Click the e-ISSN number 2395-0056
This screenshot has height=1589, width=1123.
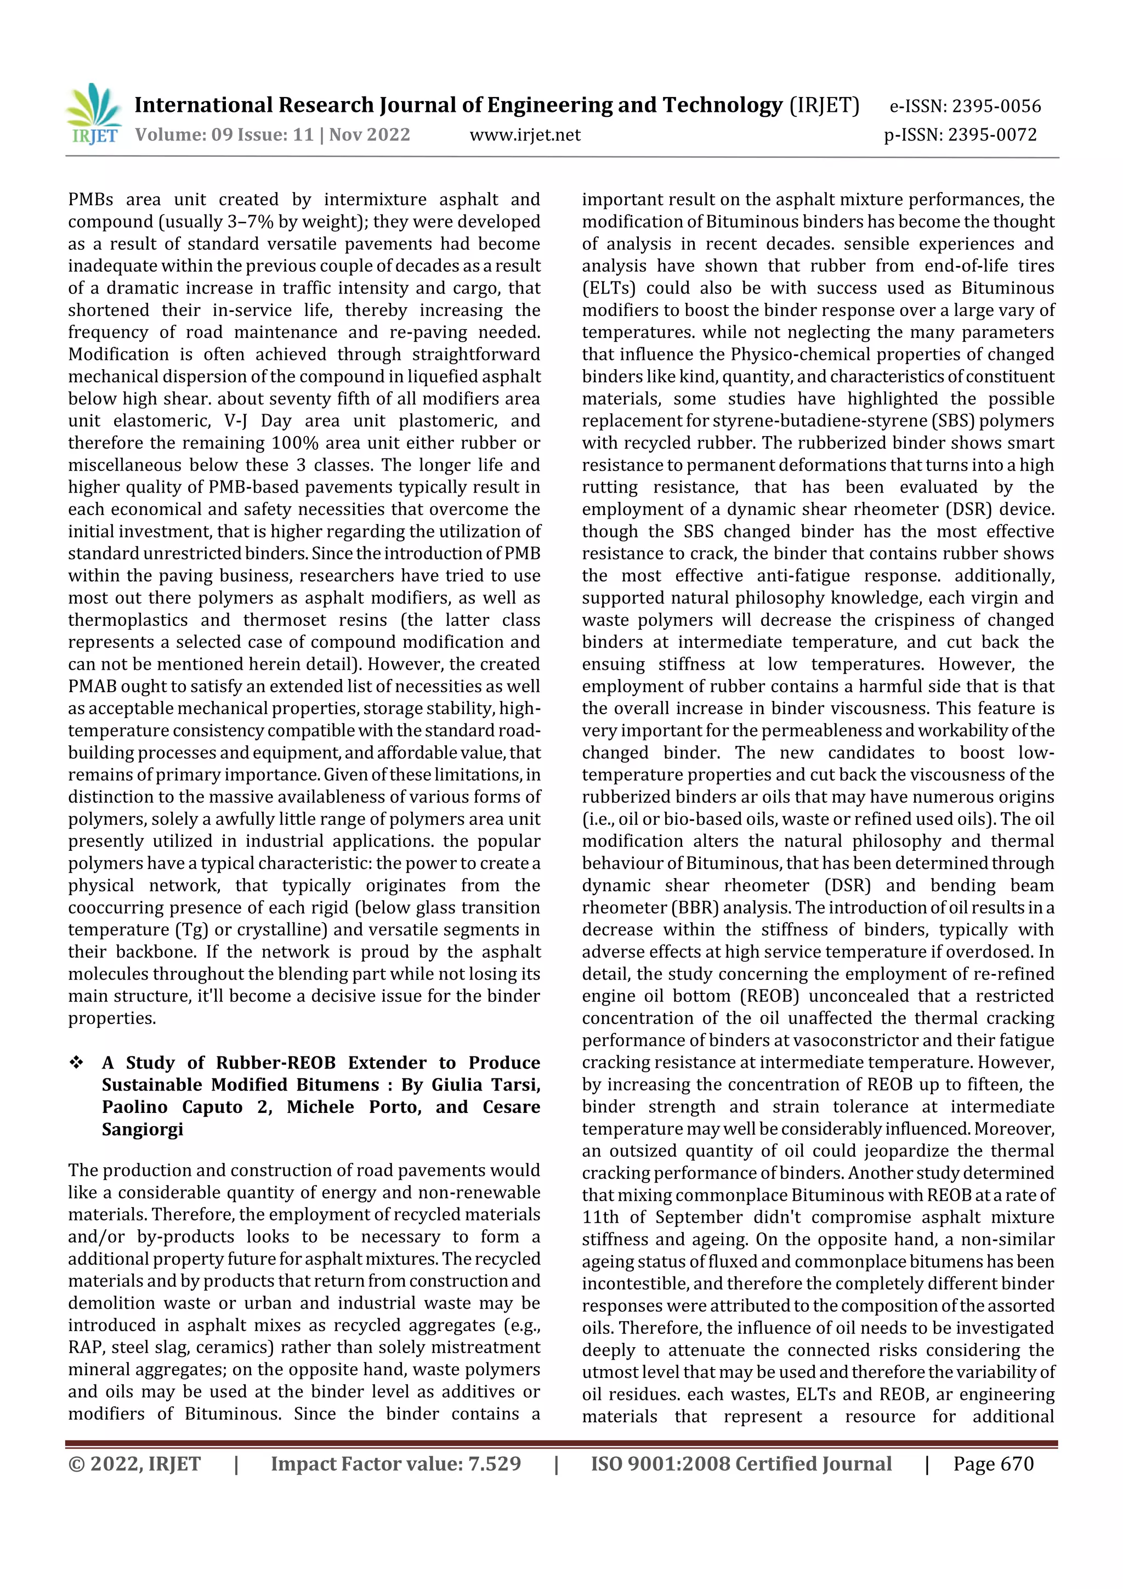click(996, 106)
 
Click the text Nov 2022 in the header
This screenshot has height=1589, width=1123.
click(370, 134)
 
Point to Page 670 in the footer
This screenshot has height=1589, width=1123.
click(993, 1464)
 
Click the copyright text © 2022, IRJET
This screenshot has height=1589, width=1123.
click(134, 1464)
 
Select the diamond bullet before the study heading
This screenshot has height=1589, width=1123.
click(76, 1062)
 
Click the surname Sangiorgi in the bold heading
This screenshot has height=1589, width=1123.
click(143, 1129)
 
